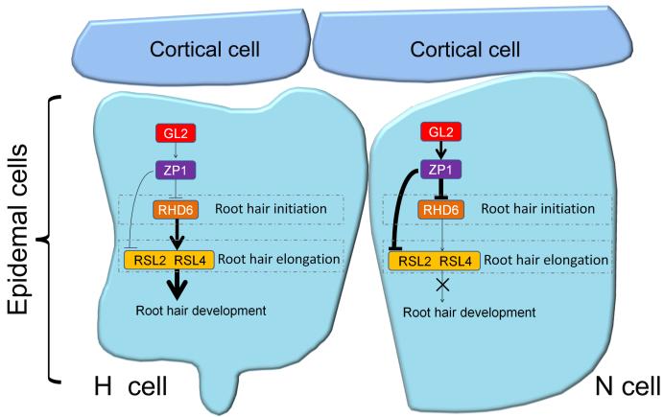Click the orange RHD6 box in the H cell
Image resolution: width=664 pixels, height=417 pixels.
click(170, 208)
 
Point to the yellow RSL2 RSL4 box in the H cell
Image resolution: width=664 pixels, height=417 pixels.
click(171, 258)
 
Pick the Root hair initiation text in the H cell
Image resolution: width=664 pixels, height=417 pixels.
click(254, 208)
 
